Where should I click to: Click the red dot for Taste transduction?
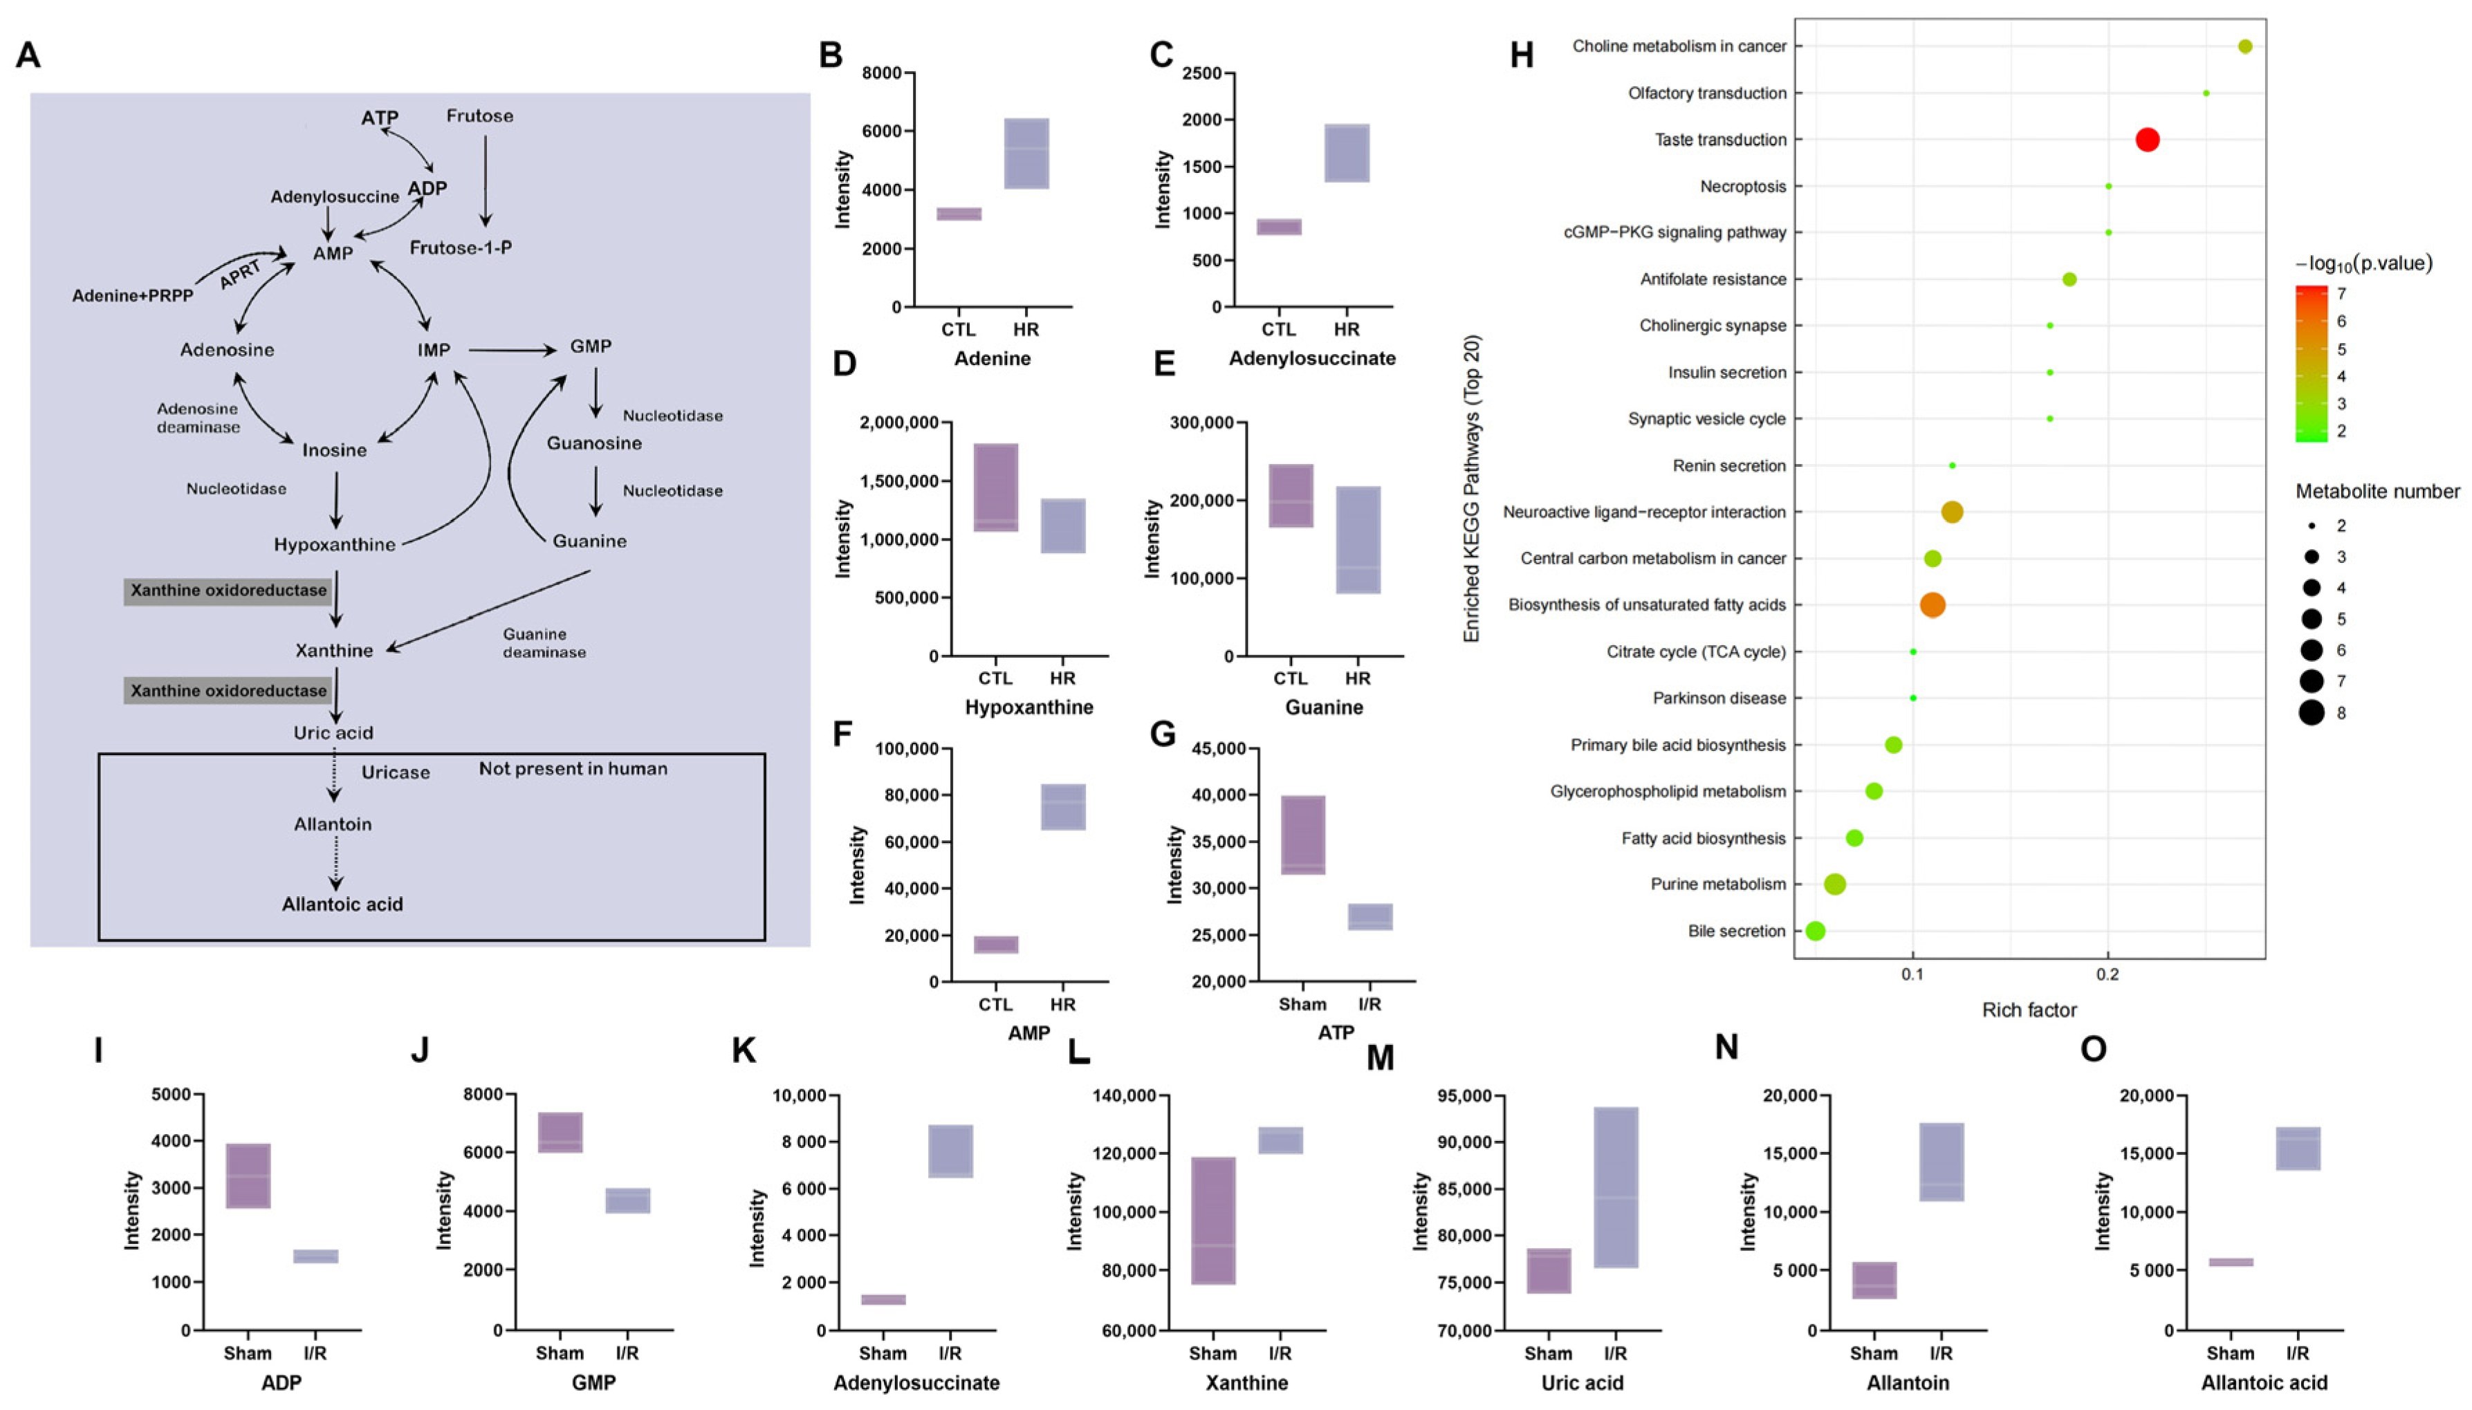[2146, 140]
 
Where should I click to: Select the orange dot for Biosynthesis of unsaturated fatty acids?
[1932, 605]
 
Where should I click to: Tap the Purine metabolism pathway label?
[1717, 884]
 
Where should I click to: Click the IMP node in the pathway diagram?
[434, 350]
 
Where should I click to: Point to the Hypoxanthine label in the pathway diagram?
[334, 544]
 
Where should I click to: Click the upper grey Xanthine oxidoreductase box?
[229, 591]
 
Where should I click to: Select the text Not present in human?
[573, 769]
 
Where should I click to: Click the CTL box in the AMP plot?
[996, 944]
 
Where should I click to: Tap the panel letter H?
[1521, 56]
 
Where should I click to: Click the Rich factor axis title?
[2029, 1010]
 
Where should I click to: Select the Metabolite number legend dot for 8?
[2312, 714]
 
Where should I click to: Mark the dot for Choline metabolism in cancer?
[2244, 46]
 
